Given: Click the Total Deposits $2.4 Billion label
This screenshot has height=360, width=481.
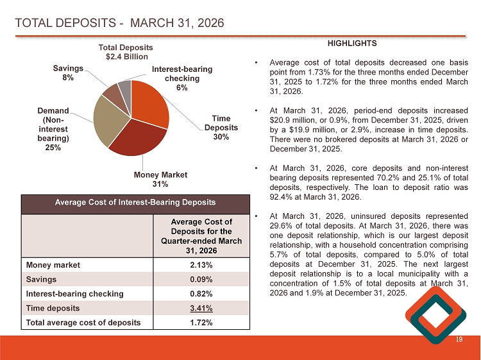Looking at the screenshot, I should [126, 53].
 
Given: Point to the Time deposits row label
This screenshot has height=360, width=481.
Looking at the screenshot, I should [53, 308].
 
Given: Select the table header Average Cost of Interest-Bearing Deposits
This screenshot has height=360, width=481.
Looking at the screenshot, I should [134, 202].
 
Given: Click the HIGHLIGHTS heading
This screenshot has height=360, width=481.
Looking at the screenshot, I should [352, 44].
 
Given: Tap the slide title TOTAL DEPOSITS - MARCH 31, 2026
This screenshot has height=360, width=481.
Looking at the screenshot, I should [119, 24].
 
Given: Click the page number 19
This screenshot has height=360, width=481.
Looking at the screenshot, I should [459, 339].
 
